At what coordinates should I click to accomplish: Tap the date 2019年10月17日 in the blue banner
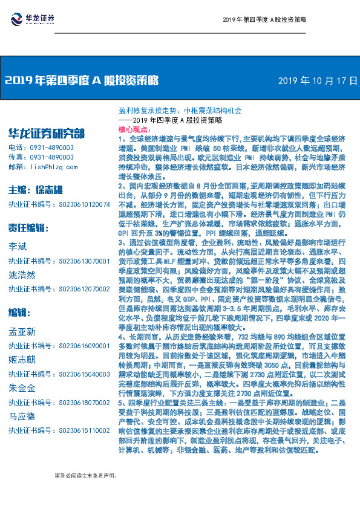click(317, 80)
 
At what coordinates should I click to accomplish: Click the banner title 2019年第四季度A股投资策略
click(82, 80)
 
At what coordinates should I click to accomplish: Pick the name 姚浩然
click(22, 273)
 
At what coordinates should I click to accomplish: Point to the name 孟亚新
click(22, 331)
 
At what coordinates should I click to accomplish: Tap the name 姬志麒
click(22, 357)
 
